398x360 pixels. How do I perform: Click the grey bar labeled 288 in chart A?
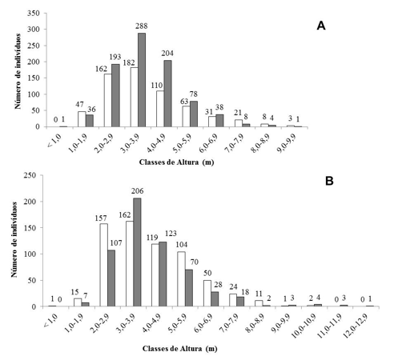pyautogui.click(x=142, y=80)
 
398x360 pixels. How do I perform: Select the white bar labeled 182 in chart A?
pyautogui.click(x=135, y=97)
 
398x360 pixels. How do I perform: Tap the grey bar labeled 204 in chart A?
pyautogui.click(x=167, y=94)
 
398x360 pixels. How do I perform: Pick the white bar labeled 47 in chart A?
pyautogui.click(x=82, y=119)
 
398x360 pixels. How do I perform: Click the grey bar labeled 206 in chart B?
pyautogui.click(x=137, y=252)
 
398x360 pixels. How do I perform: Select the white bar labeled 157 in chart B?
pyautogui.click(x=104, y=265)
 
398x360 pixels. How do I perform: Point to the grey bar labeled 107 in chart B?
pyautogui.click(x=111, y=278)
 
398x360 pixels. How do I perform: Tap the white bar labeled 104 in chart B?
pyautogui.click(x=182, y=279)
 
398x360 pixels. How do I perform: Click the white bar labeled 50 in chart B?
pyautogui.click(x=207, y=294)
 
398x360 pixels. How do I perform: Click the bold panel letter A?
pyautogui.click(x=321, y=26)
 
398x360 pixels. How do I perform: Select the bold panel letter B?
pyautogui.click(x=329, y=181)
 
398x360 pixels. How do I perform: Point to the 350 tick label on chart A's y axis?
pyautogui.click(x=33, y=13)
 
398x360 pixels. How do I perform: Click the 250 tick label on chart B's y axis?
pyautogui.click(x=30, y=175)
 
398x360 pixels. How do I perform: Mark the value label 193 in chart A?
pyautogui.click(x=115, y=57)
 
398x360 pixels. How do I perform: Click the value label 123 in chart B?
pyautogui.click(x=171, y=234)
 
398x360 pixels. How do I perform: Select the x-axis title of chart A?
pyautogui.click(x=176, y=162)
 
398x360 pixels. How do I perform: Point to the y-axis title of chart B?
pyautogui.click(x=14, y=240)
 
